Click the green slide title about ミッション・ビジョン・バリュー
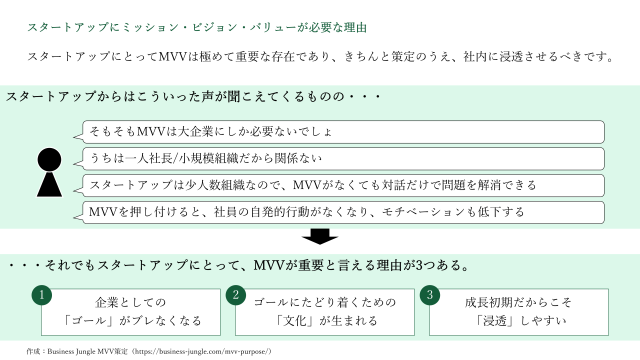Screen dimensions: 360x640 coord(197,28)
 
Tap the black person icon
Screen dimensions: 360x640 coord(49,172)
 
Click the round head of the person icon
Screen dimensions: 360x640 coord(49,159)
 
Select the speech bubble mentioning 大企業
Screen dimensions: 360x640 coord(343,132)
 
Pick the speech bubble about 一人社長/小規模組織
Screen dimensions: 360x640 coord(343,159)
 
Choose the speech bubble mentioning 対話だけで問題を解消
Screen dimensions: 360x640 coord(343,185)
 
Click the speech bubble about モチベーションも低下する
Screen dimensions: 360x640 coord(343,212)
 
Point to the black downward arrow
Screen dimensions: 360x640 coord(320,236)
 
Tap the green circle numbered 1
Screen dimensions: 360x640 coord(42,295)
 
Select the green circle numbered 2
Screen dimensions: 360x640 coord(236,295)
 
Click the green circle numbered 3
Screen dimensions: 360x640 coord(430,295)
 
